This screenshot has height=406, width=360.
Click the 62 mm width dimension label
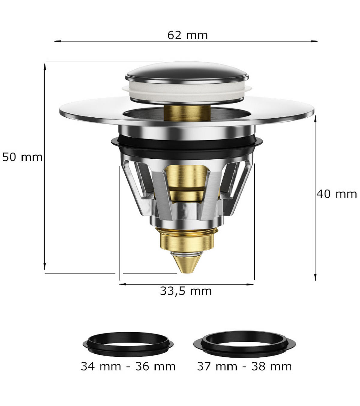(x=187, y=35)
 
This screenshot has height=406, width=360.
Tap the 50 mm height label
(x=22, y=157)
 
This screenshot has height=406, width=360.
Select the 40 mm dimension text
(x=337, y=194)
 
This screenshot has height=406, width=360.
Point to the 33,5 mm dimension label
(x=186, y=291)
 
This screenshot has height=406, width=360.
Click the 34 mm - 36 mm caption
(x=128, y=366)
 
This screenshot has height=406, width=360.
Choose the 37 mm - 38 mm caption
(x=244, y=366)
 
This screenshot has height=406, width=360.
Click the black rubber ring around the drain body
(x=186, y=146)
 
